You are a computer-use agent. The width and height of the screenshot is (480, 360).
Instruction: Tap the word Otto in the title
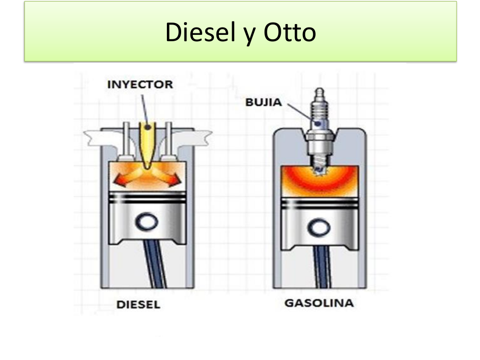point(290,33)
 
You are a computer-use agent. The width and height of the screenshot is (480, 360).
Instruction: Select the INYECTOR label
point(140,84)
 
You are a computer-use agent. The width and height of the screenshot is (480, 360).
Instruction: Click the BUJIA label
point(264,103)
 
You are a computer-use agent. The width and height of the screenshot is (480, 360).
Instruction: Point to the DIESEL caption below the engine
point(138,305)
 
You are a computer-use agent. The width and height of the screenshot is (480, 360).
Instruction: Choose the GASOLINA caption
point(319,303)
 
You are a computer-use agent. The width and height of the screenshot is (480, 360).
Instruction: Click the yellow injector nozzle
point(146,142)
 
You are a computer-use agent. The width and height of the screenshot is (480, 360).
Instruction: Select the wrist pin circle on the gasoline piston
point(319,226)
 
